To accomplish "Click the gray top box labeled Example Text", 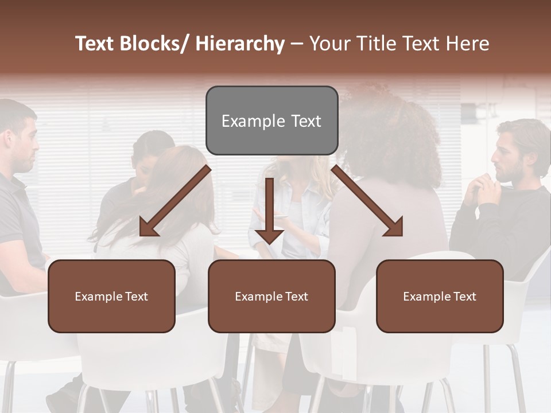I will (x=271, y=120).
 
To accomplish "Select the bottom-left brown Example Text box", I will (x=111, y=296).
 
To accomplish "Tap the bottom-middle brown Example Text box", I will (x=271, y=296).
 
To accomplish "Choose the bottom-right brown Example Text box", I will (x=440, y=296).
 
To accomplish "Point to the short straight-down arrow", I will (x=269, y=212).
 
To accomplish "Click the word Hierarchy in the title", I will (x=240, y=44).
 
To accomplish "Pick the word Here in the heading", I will (x=468, y=44).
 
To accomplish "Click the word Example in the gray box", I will (x=249, y=121).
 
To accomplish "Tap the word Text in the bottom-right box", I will (x=465, y=297).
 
